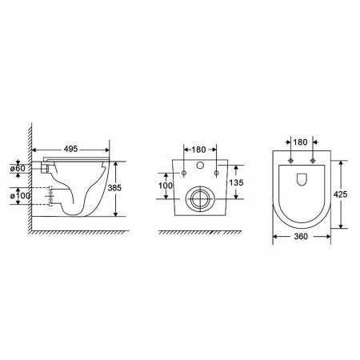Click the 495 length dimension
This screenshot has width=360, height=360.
[x=70, y=149]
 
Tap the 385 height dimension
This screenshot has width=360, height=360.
[x=114, y=188]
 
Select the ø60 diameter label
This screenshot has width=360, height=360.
[x=18, y=168]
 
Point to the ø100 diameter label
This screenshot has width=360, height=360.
[x=20, y=196]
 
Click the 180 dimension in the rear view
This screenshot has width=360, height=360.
[x=198, y=150]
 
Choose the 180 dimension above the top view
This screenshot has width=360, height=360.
[x=301, y=142]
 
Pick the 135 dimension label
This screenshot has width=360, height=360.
[x=236, y=182]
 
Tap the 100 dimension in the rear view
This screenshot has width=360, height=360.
[x=166, y=186]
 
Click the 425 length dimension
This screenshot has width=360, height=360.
[x=341, y=194]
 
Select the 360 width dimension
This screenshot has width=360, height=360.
[x=301, y=236]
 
